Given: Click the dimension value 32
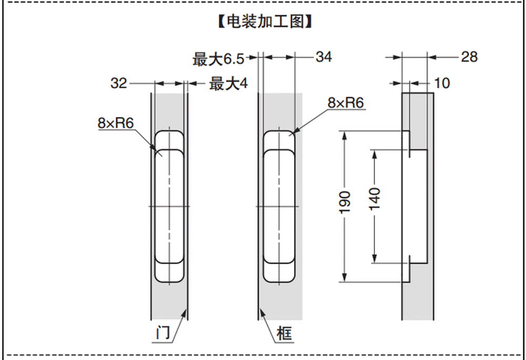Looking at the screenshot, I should click(x=119, y=83).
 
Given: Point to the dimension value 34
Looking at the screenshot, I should click(x=324, y=57).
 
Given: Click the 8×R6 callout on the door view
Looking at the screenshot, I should click(x=116, y=122).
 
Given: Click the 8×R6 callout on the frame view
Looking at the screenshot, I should click(x=346, y=103).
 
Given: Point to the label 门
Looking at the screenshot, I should click(x=164, y=333).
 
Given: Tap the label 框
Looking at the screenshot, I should click(x=284, y=333).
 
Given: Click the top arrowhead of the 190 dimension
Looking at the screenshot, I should click(x=345, y=133).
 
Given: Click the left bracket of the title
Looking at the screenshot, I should click(x=219, y=22).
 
